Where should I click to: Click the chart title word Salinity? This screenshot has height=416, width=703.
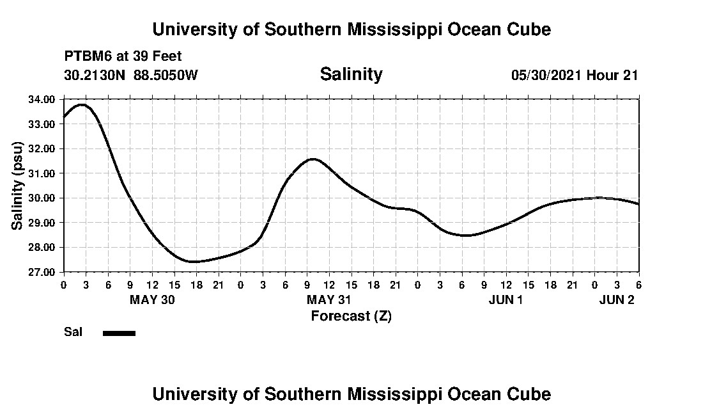[351, 74]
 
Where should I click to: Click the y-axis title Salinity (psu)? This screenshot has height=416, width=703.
[18, 186]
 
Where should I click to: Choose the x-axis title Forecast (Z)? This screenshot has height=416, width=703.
[351, 316]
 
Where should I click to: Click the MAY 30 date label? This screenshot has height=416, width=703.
[152, 300]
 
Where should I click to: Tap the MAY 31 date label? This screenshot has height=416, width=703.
[329, 300]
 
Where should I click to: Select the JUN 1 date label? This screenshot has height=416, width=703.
[506, 300]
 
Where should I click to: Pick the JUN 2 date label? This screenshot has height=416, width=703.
[616, 300]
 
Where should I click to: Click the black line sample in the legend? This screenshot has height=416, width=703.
[119, 333]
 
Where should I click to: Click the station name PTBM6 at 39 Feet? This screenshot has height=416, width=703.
[123, 57]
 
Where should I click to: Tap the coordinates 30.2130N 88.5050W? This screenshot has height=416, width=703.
[131, 75]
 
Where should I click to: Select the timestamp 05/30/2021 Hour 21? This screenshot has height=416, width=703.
[575, 75]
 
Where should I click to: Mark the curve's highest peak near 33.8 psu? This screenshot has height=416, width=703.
[82, 104]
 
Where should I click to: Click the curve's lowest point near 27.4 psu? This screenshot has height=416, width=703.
[193, 261]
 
